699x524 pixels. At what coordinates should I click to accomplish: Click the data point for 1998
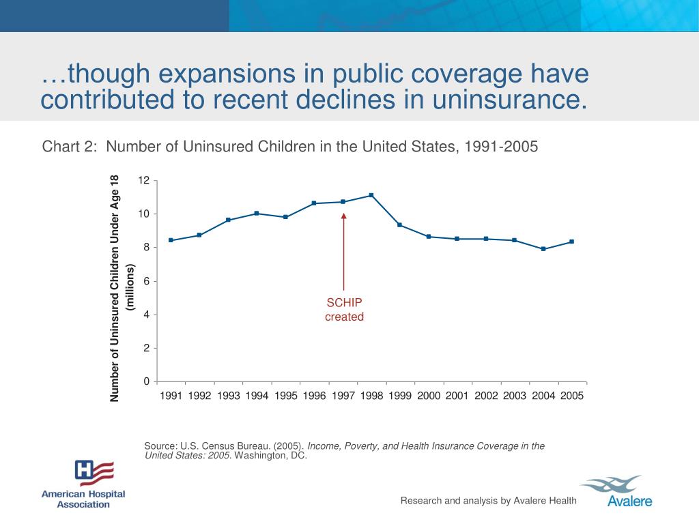click(x=371, y=195)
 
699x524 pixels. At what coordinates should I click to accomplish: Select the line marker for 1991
click(x=170, y=240)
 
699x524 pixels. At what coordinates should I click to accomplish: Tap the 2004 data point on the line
click(x=543, y=249)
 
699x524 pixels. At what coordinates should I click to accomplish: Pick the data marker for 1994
click(x=257, y=214)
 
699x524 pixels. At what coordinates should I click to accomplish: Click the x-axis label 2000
click(x=429, y=396)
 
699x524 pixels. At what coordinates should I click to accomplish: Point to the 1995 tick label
click(x=285, y=396)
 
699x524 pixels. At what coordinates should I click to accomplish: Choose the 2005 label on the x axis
click(x=572, y=396)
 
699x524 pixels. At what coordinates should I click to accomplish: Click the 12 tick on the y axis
click(x=143, y=181)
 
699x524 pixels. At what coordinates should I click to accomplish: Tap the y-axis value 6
click(x=146, y=281)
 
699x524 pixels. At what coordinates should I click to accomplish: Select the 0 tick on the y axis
click(x=146, y=381)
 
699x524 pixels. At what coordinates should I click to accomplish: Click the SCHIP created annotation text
click(x=344, y=310)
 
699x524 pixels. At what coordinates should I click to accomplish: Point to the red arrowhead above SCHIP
click(x=344, y=216)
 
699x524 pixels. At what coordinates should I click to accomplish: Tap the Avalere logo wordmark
click(x=629, y=501)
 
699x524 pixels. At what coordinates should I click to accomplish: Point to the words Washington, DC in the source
click(x=271, y=456)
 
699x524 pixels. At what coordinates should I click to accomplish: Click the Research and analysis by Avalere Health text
click(x=488, y=501)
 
